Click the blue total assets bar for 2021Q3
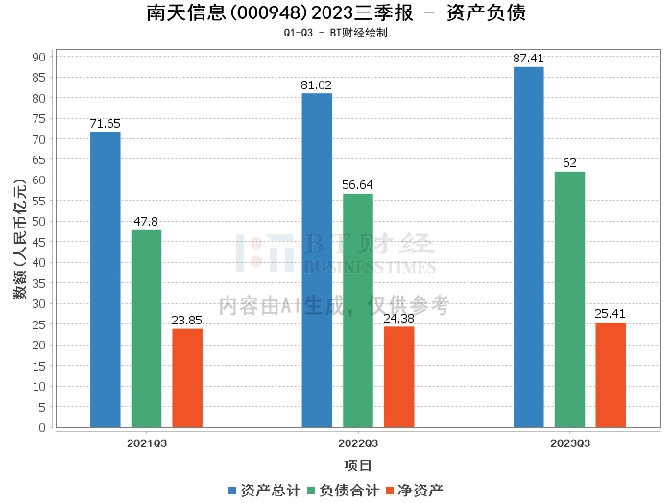coord(106,279)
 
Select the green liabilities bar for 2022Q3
coord(358,311)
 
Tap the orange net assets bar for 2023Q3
coord(611,375)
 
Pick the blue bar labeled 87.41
coord(528,248)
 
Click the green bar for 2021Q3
coord(146,328)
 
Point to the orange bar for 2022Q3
coord(399,377)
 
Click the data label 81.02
coord(316,85)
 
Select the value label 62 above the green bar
coord(569,163)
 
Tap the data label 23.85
coord(187,320)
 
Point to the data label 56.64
coord(357,185)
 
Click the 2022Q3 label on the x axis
coord(358,443)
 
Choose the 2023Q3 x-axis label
coord(570,443)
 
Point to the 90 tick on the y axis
coord(38,57)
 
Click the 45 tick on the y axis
coord(38,242)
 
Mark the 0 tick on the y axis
coord(42,427)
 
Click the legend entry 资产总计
coord(264,491)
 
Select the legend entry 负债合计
coord(344,491)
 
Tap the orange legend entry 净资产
coord(415,491)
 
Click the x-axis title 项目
coord(357,466)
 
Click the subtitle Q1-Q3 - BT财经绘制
coord(336,33)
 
